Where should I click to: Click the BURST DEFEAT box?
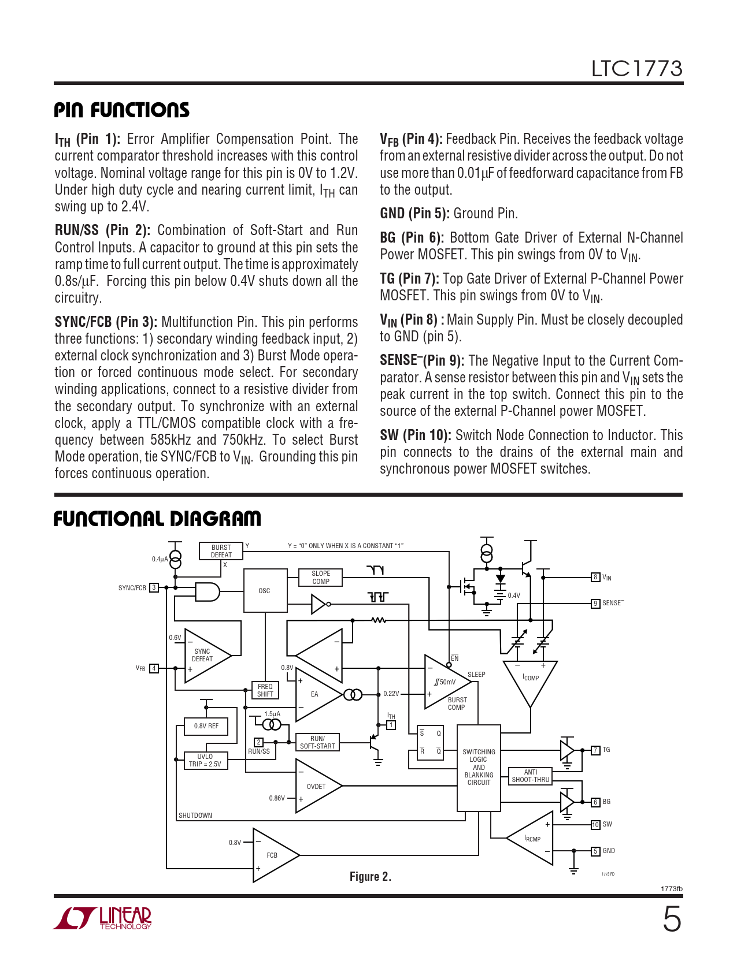pos(221,551)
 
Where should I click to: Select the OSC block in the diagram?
pos(265,590)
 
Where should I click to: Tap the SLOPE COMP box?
pos(320,578)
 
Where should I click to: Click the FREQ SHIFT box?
pos(265,690)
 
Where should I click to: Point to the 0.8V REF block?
pos(206,726)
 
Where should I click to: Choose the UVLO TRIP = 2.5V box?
pos(205,760)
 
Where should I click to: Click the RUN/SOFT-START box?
pos(317,742)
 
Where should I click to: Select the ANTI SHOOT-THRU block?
pos(530,776)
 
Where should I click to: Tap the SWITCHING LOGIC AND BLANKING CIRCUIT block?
pos(479,768)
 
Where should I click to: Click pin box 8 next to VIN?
pos(595,577)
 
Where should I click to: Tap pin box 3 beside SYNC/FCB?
pos(154,587)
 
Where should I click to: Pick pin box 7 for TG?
pos(595,750)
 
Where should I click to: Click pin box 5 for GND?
pos(595,851)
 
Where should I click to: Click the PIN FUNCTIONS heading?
pos(121,110)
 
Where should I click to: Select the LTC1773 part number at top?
pos(636,69)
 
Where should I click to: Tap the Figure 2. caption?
pos(371,876)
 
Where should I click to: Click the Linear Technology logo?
pos(102,918)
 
